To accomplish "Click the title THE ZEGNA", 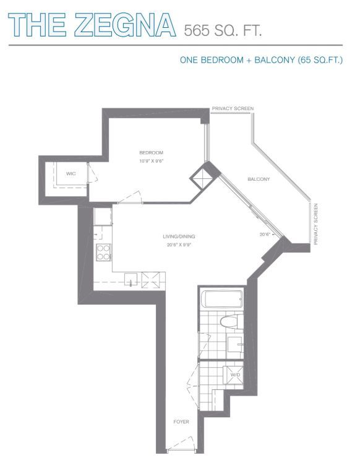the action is [92, 25].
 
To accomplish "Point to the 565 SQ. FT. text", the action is [223, 30].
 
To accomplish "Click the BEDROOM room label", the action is [151, 153].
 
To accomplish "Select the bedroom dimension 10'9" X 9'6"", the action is [152, 161].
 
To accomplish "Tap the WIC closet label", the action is [71, 173].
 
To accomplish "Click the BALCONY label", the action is [259, 179].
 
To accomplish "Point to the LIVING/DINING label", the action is [179, 236].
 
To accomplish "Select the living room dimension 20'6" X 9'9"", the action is [179, 245].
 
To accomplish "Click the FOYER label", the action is [181, 422].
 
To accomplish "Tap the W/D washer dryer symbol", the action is [235, 375].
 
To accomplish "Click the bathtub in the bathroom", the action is [222, 299].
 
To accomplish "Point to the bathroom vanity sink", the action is [236, 344].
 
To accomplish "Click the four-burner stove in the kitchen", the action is [103, 252].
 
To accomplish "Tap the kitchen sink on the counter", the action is [131, 280].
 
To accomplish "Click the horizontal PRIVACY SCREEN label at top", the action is [233, 108].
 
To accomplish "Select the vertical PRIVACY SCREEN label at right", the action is [316, 224].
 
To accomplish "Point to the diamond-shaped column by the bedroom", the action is [202, 178].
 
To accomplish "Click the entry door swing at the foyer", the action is [182, 443].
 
